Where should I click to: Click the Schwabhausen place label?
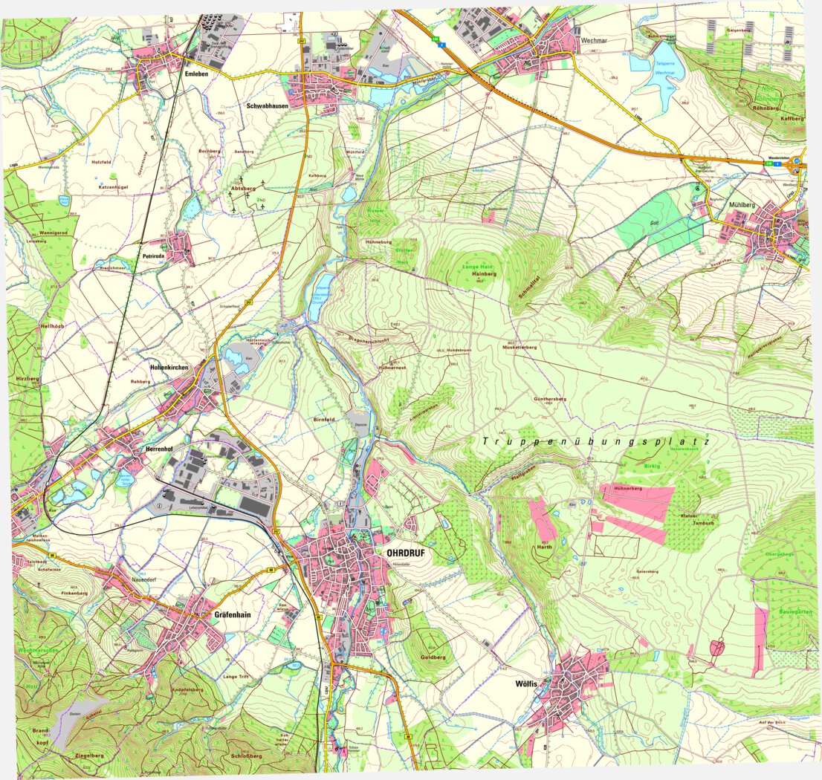[x=267, y=106]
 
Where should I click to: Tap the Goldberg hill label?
[x=433, y=657]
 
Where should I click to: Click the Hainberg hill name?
[x=483, y=274]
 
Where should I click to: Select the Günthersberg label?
[x=550, y=399]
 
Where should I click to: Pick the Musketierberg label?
[x=520, y=347]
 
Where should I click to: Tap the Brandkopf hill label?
[x=41, y=736]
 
